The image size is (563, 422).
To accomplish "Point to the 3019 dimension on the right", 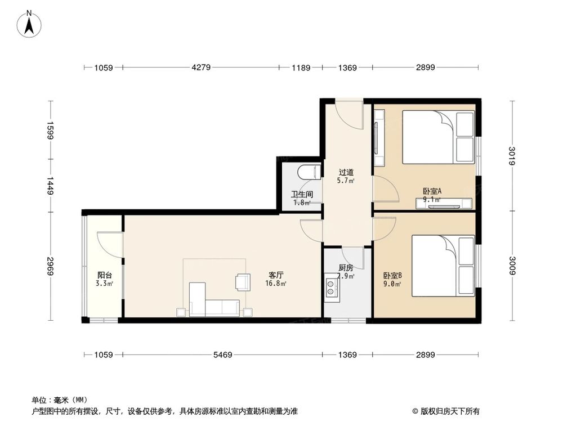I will click(x=511, y=156).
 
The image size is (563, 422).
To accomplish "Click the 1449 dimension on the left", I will click(x=50, y=186).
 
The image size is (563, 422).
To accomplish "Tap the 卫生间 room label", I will click(x=302, y=195).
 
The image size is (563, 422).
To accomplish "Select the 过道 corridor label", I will click(x=346, y=172).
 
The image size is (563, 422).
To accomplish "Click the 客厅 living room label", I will click(x=275, y=275).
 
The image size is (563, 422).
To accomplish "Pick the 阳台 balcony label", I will click(x=104, y=275).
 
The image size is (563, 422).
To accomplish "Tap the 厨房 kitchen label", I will click(x=346, y=268).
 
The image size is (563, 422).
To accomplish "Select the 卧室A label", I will click(x=432, y=191).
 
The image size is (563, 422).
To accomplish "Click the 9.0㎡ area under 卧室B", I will click(x=392, y=284).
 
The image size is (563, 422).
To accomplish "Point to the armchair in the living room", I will click(x=243, y=281).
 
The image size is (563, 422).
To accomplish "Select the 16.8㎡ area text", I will click(x=275, y=284).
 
